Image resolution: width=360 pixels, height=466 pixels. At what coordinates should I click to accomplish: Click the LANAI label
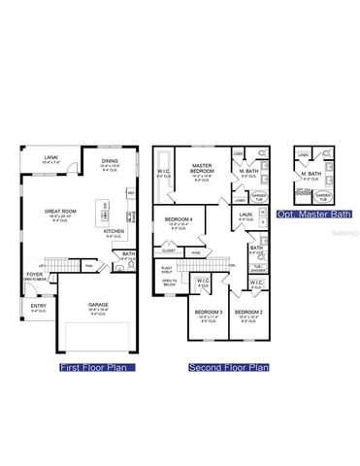tap(49, 157)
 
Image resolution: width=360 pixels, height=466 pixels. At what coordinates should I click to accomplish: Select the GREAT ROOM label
tap(60, 210)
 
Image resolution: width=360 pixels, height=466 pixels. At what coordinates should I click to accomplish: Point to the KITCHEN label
tap(115, 231)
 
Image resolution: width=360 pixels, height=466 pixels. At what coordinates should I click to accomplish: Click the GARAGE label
tap(98, 304)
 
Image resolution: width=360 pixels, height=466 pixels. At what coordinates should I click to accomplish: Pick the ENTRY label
tap(38, 306)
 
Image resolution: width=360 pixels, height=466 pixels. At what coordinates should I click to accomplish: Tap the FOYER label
tap(34, 275)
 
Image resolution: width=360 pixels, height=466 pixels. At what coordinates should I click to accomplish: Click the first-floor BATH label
tap(128, 254)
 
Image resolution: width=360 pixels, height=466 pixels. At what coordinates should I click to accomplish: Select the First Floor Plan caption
tap(97, 368)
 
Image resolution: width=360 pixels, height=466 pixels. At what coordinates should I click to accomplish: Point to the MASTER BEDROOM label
tap(202, 167)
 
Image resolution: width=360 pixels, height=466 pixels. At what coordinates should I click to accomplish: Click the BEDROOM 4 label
tap(179, 220)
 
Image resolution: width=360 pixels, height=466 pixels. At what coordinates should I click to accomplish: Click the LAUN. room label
tap(245, 214)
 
